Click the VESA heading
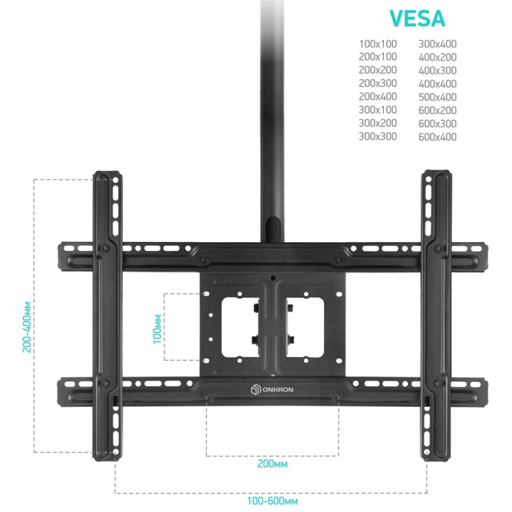(x=418, y=18)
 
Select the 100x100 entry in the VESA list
(x=378, y=44)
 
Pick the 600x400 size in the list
(x=437, y=137)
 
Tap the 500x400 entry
(x=437, y=97)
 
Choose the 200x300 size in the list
(x=378, y=83)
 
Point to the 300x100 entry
(x=378, y=110)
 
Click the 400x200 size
(x=437, y=57)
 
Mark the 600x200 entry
(x=437, y=110)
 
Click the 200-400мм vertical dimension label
(x=27, y=327)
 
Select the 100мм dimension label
(x=157, y=329)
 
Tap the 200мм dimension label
(x=272, y=464)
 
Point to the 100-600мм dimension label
(x=272, y=500)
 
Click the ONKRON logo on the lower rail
(x=272, y=389)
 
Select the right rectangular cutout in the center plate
(x=305, y=327)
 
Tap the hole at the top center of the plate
(x=273, y=278)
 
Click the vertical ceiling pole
(x=272, y=121)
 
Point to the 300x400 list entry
(x=437, y=44)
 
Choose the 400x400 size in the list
(x=437, y=84)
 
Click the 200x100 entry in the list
(x=378, y=56)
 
